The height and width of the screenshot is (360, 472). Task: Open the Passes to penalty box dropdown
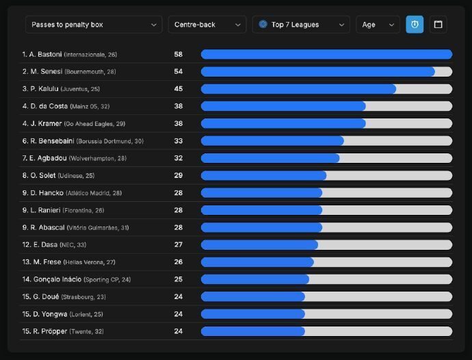[94, 25]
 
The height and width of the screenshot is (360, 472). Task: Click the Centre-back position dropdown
[207, 25]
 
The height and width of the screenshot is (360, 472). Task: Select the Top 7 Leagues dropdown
[301, 25]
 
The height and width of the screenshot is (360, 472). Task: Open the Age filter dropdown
[378, 25]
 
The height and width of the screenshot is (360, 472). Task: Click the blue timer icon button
[415, 25]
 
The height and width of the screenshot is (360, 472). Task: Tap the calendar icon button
[438, 25]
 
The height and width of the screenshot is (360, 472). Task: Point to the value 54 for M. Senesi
[179, 71]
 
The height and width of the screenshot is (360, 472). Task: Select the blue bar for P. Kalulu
[298, 89]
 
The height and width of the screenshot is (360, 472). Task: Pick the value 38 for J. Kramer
[179, 123]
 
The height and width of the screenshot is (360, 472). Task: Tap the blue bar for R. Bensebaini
[272, 141]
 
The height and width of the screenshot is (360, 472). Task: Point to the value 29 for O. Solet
[179, 175]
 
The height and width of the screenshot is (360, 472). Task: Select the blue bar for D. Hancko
[261, 193]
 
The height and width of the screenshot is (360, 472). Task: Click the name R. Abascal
[44, 227]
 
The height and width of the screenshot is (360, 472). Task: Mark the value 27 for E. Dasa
[179, 244]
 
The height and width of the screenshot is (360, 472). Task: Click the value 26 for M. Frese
[179, 262]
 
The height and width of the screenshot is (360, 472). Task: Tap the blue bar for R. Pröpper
[253, 331]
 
